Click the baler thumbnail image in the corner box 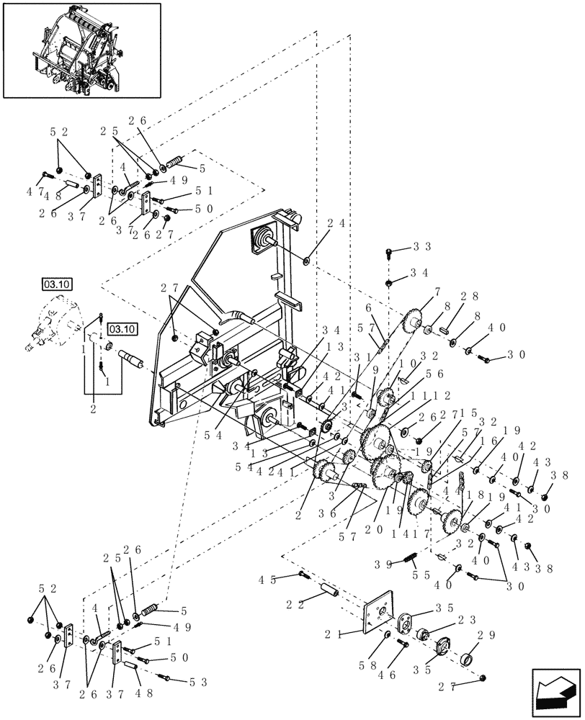[81, 50]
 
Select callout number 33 [421, 247]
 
